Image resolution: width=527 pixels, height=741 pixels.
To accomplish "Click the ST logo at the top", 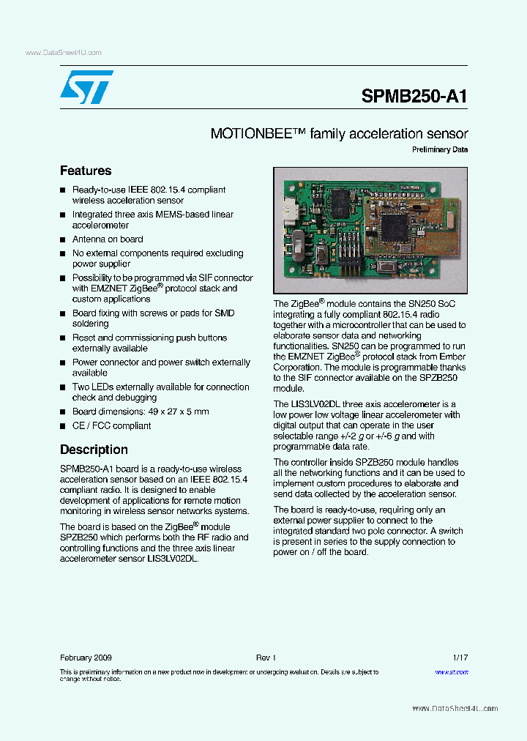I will click(x=86, y=87).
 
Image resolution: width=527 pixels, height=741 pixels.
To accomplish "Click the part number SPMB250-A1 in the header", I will click(x=414, y=97).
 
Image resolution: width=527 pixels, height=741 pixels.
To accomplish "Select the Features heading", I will click(x=86, y=171).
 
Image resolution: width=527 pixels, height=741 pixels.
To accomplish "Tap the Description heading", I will click(x=94, y=450).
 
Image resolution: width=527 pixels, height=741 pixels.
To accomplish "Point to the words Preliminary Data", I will click(x=439, y=150).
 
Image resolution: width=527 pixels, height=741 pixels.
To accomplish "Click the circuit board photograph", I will click(x=370, y=230).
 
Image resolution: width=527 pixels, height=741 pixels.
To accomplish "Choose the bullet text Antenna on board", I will click(x=108, y=239).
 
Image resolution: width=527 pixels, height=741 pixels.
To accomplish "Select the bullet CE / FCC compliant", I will click(x=111, y=425).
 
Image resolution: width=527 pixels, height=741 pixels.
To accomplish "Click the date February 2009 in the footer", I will click(x=86, y=658).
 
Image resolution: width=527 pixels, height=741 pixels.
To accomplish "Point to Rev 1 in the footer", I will click(x=265, y=658).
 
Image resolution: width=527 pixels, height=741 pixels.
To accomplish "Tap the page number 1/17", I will click(x=460, y=658).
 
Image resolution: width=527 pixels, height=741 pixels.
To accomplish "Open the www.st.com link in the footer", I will click(x=452, y=671).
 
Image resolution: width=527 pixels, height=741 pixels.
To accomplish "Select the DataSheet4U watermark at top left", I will click(x=63, y=53).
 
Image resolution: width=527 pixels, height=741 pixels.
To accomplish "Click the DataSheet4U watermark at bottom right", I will click(x=455, y=708).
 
